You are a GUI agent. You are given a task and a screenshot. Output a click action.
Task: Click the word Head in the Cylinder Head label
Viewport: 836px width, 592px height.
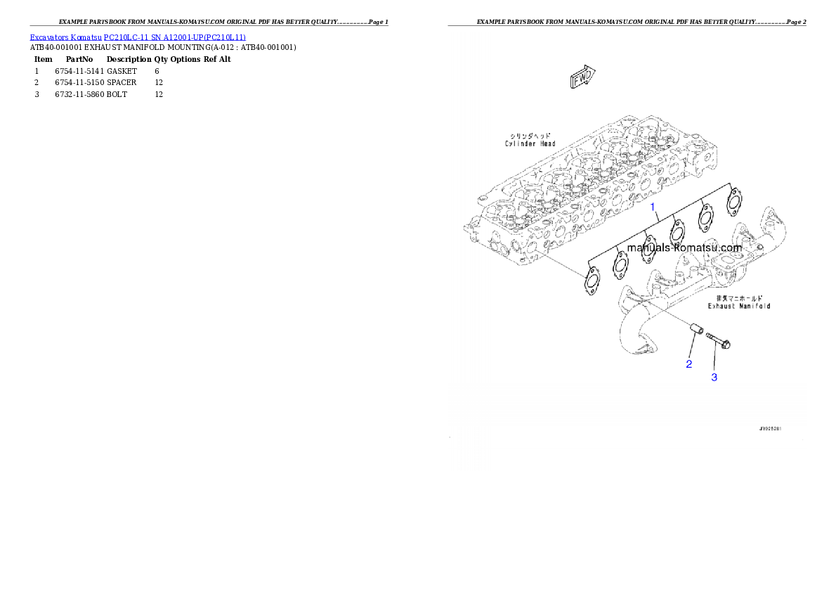[x=547, y=143]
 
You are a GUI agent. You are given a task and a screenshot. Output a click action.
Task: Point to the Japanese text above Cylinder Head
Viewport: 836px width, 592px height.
[x=530, y=134]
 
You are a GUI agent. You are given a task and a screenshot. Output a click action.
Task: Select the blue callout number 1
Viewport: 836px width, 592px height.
[x=653, y=207]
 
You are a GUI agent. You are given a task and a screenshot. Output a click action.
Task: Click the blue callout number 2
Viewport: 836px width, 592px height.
[x=689, y=364]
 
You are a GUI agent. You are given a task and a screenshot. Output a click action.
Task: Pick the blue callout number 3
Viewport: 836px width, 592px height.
[x=714, y=378]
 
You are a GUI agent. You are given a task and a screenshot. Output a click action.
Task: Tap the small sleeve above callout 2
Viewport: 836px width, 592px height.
[x=697, y=330]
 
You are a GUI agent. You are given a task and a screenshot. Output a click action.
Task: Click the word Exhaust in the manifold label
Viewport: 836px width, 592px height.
[x=724, y=306]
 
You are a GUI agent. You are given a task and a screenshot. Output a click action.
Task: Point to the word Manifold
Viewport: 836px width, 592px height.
[x=755, y=306]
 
